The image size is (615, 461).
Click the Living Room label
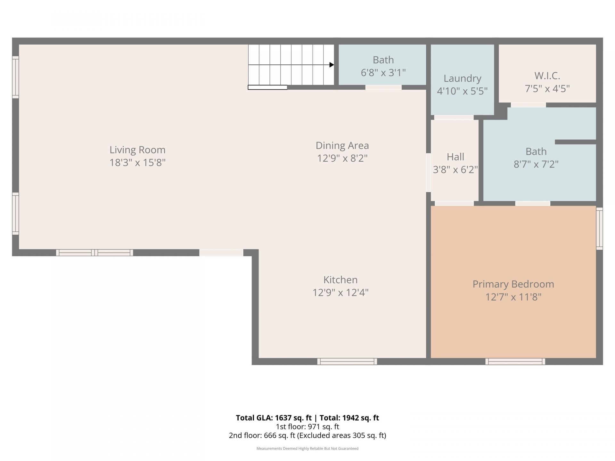tap(137, 150)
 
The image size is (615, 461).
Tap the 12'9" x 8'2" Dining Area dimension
tap(342, 158)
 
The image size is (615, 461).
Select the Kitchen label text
tap(340, 280)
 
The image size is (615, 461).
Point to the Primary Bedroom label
tap(513, 284)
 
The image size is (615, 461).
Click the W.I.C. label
tap(547, 76)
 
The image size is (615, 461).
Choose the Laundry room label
tap(462, 78)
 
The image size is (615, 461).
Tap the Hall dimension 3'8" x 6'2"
tap(455, 169)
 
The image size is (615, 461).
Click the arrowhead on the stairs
tap(332, 65)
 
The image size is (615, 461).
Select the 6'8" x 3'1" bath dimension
tap(383, 73)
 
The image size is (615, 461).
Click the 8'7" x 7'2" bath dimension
tap(536, 164)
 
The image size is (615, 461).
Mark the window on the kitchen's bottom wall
tap(347, 361)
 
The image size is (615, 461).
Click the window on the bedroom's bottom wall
tap(515, 361)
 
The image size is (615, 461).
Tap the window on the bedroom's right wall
tap(599, 228)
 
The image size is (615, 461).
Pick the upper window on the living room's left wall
tap(15, 77)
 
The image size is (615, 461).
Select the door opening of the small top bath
tap(383, 87)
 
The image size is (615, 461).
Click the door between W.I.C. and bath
tap(528, 105)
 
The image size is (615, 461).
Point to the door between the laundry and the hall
tap(454, 117)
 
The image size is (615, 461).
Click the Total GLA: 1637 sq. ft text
tap(274, 418)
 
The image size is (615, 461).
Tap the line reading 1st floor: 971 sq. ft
tap(307, 427)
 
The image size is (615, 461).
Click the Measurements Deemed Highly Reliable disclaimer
tap(307, 449)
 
